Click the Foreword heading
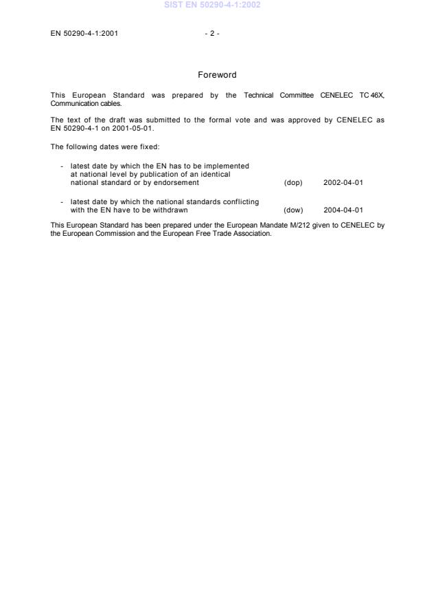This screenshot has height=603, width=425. point(217,75)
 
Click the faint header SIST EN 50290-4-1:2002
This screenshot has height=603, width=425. point(212,6)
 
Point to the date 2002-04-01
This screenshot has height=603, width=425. point(343,182)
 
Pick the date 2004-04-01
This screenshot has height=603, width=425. point(343,210)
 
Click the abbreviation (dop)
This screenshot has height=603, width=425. point(293,182)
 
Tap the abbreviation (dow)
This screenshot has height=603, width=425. point(293,210)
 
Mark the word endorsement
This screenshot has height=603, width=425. point(177,182)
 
